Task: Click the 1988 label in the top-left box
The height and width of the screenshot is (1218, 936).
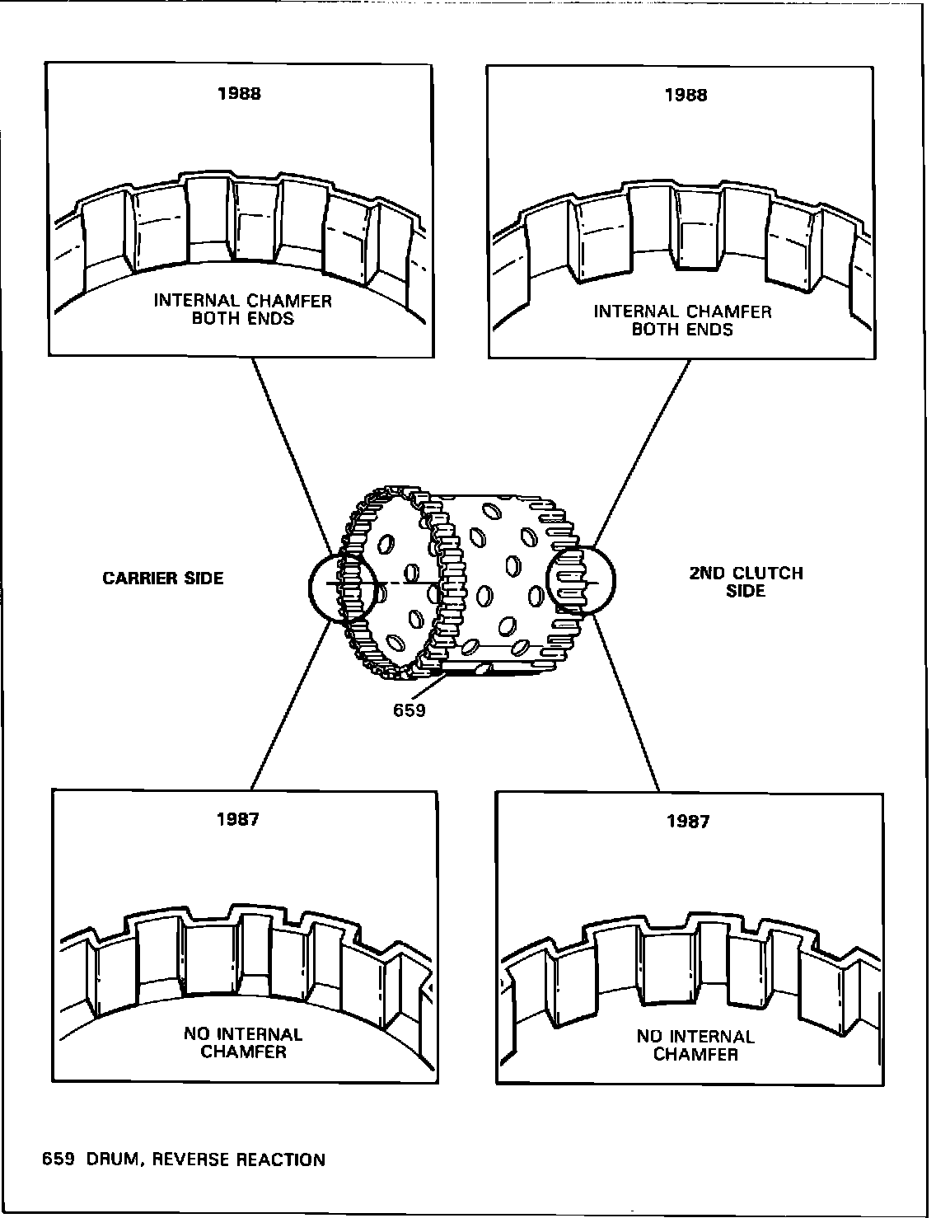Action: pyautogui.click(x=239, y=94)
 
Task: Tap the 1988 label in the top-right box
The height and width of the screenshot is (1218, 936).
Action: pyautogui.click(x=686, y=96)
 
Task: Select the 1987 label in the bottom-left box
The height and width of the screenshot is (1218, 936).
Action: pyautogui.click(x=239, y=820)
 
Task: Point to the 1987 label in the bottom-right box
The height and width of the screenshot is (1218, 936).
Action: pyautogui.click(x=688, y=822)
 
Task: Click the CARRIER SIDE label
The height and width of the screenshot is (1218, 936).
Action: pyautogui.click(x=163, y=579)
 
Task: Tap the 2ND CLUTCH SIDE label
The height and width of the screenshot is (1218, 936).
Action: pyautogui.click(x=746, y=582)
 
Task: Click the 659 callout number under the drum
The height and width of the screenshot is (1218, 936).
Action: pyautogui.click(x=409, y=710)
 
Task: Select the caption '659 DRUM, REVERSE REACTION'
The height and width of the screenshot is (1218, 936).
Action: pyautogui.click(x=184, y=1160)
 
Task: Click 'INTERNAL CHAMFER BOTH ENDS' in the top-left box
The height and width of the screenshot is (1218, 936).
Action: pyautogui.click(x=243, y=309)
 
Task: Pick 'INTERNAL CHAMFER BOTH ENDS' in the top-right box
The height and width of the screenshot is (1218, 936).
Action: pyautogui.click(x=683, y=320)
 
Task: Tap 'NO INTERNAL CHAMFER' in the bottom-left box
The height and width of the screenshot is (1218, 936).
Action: pyautogui.click(x=243, y=1042)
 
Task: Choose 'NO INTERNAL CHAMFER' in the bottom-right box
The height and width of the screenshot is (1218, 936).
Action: pyautogui.click(x=695, y=1045)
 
